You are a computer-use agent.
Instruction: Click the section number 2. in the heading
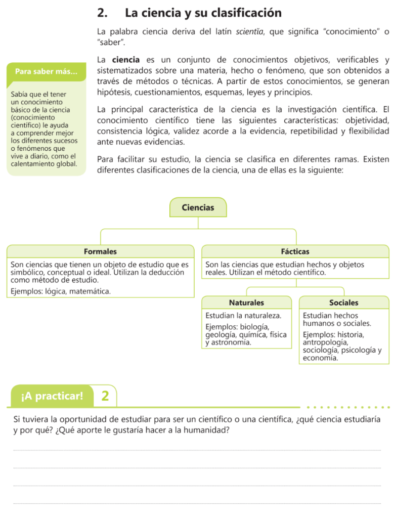coord(103,12)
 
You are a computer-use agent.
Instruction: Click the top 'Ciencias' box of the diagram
coord(198,207)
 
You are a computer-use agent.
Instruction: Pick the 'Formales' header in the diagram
coord(100,251)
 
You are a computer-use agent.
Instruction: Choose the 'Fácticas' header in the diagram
coord(295,251)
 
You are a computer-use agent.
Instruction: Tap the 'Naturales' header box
coord(246,303)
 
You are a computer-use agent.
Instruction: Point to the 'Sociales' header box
coord(343,303)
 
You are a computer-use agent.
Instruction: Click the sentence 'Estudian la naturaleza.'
coord(243,316)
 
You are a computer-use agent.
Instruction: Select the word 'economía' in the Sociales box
coord(320,358)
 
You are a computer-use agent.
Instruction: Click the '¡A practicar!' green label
coord(52,396)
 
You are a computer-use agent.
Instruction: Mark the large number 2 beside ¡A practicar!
coord(105,396)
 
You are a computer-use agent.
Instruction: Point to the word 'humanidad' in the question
coord(209,430)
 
